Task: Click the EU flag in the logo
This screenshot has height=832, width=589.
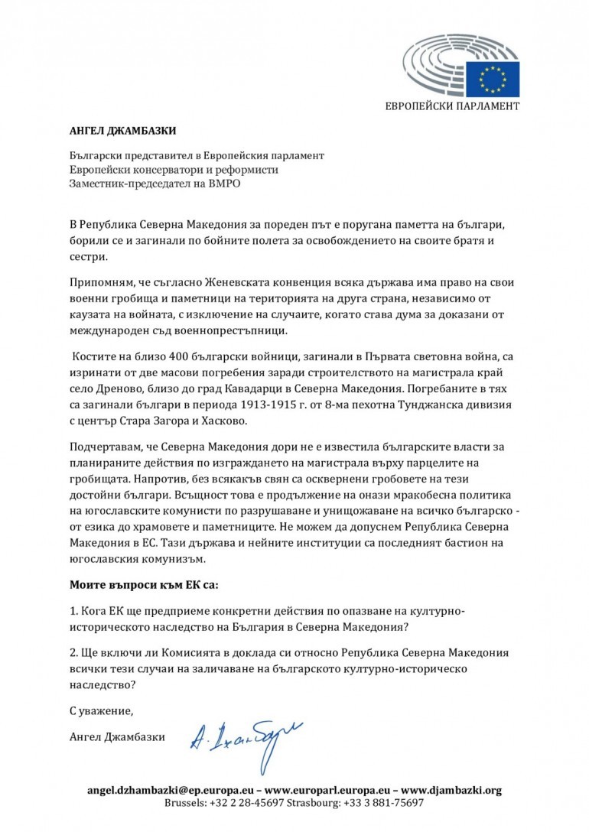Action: point(498,77)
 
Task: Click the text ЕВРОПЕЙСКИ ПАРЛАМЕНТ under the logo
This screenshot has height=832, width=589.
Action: point(451,106)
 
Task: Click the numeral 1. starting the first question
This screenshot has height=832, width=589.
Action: point(74,613)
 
